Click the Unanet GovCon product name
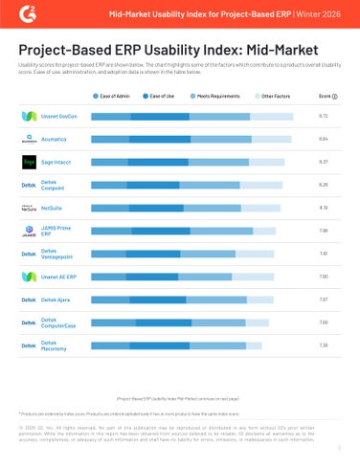coord(58,117)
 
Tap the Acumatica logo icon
coord(29,140)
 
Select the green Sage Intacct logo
coord(29,162)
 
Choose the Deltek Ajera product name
coord(56,299)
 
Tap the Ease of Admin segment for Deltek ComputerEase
coord(113,322)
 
